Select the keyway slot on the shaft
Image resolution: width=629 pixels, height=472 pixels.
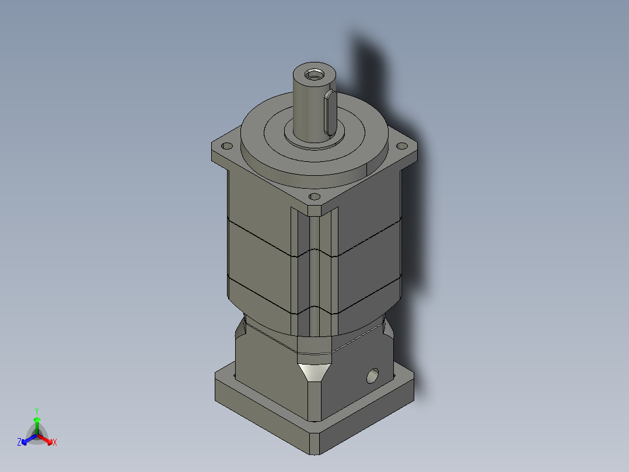(x=329, y=111)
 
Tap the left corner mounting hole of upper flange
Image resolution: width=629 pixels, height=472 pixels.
(x=228, y=146)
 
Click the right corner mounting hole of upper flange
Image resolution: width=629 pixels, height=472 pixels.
(x=401, y=146)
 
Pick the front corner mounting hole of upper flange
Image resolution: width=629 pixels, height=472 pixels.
(x=315, y=197)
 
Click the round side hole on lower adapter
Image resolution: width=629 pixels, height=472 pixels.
(x=372, y=376)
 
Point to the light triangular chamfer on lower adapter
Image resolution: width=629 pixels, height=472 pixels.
(x=314, y=372)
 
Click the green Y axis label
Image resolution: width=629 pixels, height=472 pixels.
(x=37, y=410)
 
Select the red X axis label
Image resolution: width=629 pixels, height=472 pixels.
(x=55, y=443)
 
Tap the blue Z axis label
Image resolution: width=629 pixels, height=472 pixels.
(x=19, y=443)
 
